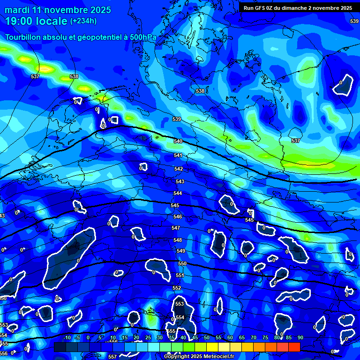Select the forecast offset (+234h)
(83, 21)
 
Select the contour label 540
(178, 141)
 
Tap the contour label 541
(178, 155)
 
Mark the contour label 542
(179, 169)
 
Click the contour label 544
(178, 193)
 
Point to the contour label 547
(176, 228)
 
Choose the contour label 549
(181, 251)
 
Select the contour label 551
(180, 275)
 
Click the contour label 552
(177, 288)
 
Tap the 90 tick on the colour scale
(300, 337)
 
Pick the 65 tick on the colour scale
(242, 337)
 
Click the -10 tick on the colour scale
(67, 337)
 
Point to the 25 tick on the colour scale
(148, 337)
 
